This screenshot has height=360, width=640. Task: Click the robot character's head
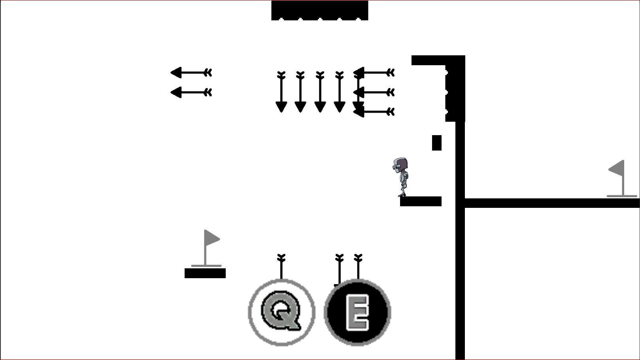401,164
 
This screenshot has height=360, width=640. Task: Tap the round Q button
281,312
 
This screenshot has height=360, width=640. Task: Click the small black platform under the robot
421,201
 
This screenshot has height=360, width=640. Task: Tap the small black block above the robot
436,143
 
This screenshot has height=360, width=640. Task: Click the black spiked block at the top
319,10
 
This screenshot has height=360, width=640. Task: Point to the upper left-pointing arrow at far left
191,73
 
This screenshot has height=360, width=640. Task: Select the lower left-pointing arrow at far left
191,92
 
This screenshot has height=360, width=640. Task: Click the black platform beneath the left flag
205,273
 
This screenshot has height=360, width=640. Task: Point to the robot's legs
403,189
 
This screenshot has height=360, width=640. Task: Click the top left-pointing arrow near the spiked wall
374,73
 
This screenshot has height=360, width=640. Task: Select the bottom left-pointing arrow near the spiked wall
374,112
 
